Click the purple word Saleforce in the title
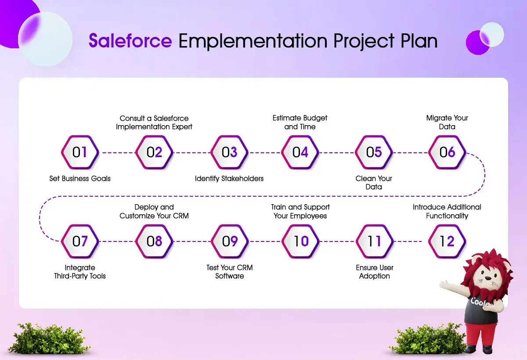tap(130, 41)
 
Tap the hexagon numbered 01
tap(80, 152)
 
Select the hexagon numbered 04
tap(300, 152)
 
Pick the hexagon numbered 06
tap(447, 152)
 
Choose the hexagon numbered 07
tap(80, 241)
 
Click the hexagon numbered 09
tap(230, 241)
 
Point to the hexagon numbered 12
tap(447, 241)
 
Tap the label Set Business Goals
tap(80, 179)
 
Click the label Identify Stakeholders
tap(229, 179)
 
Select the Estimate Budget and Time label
tap(300, 122)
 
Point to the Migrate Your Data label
tap(447, 122)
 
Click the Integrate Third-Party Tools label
tap(80, 272)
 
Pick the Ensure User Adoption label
tap(375, 272)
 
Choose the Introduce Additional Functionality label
tap(447, 212)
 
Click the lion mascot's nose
tap(488, 278)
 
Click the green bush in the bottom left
tap(48, 338)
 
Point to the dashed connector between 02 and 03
tap(192, 153)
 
